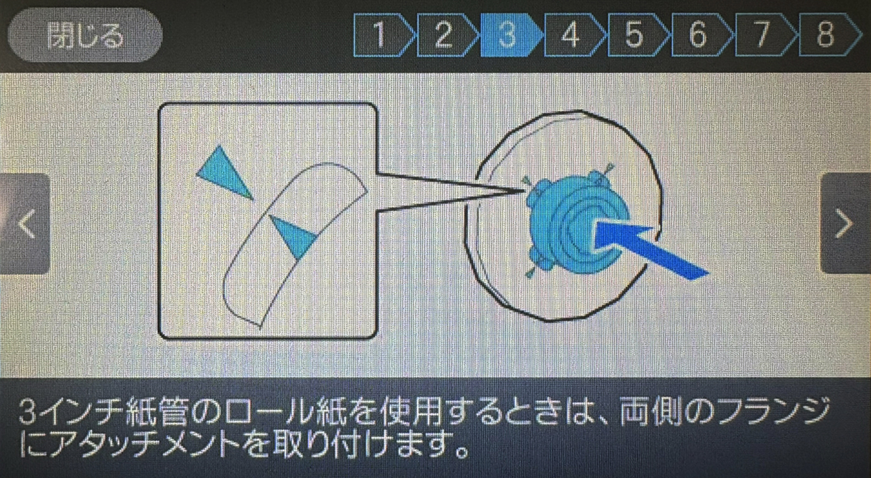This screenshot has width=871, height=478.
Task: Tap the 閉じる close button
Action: tap(84, 35)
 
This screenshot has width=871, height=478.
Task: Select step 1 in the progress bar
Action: tap(383, 35)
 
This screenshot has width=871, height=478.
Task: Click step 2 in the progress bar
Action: tap(447, 35)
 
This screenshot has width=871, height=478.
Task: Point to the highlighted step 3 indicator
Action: tap(510, 35)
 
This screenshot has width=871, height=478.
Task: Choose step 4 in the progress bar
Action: tap(574, 35)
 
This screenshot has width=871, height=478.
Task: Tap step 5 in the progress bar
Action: tap(638, 35)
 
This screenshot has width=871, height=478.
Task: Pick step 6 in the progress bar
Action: tap(701, 35)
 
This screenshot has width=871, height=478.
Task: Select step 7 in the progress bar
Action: tap(765, 35)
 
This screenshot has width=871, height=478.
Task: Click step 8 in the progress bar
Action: tap(829, 35)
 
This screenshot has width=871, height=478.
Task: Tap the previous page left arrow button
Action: tap(25, 224)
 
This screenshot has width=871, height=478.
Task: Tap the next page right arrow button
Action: tap(846, 224)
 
